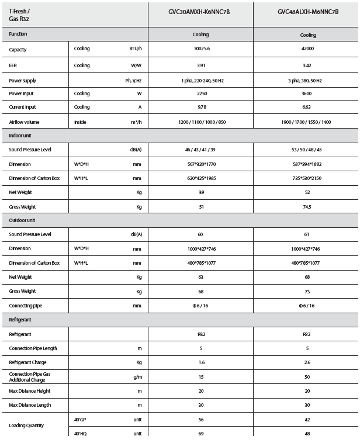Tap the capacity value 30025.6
(x=200, y=50)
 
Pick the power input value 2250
(x=200, y=94)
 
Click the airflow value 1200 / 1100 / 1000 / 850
(x=200, y=122)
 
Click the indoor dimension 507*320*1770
(x=200, y=164)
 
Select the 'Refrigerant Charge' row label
(x=27, y=362)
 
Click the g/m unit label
(x=137, y=377)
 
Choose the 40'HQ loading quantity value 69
(x=200, y=434)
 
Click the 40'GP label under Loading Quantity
(x=80, y=419)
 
